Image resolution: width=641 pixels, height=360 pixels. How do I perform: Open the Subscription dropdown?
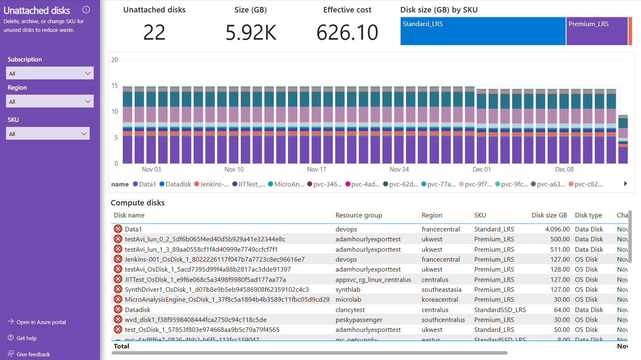point(50,73)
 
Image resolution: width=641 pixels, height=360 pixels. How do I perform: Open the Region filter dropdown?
point(50,101)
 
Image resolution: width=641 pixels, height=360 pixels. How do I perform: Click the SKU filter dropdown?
point(48,134)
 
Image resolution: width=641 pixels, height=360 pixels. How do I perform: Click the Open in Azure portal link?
point(41,322)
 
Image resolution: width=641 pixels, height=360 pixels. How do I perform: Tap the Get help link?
point(26,338)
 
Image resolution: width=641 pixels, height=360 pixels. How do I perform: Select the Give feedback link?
point(33,354)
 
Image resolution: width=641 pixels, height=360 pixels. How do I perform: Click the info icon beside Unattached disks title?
point(86,10)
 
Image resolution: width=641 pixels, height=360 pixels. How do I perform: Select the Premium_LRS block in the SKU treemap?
point(596,31)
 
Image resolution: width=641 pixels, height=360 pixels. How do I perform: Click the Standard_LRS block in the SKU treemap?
point(482,31)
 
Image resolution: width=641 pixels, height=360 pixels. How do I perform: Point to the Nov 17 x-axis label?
point(316,169)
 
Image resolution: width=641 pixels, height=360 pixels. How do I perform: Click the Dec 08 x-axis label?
point(564,169)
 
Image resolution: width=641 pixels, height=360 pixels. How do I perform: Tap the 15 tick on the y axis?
point(115,86)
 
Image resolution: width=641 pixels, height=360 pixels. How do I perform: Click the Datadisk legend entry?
point(175,184)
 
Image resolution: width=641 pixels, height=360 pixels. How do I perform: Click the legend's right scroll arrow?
point(625,184)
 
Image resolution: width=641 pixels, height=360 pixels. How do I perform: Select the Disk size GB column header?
point(549,215)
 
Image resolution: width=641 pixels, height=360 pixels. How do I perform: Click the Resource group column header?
point(358,215)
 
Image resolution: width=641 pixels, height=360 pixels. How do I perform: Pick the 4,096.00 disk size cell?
point(557,229)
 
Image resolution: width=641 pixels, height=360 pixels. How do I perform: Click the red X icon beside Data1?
point(118,229)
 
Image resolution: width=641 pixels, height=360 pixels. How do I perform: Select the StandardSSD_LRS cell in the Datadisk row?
point(500,310)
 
